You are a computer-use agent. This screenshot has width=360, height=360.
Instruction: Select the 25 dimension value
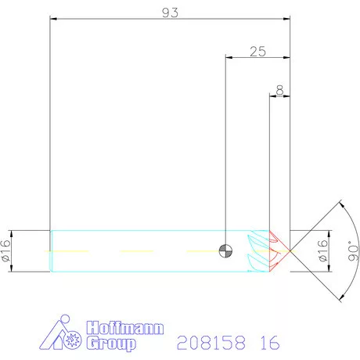(x=257, y=52)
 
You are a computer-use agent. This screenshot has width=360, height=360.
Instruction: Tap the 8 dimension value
(x=280, y=91)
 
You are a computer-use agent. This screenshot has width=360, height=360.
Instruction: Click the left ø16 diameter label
(x=6, y=250)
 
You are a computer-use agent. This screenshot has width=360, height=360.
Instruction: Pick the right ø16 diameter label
(x=323, y=250)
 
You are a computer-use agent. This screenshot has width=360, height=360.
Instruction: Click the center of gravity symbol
(x=225, y=250)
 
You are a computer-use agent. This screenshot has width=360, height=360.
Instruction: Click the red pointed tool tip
(x=282, y=250)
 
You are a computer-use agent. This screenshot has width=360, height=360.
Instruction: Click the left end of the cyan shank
(x=52, y=250)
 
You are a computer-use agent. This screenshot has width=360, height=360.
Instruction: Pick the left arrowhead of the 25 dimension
(x=227, y=57)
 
